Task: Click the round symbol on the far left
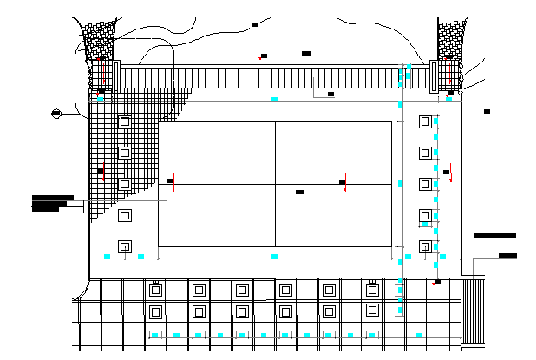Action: pyautogui.click(x=56, y=113)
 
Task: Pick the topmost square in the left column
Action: pyautogui.click(x=124, y=122)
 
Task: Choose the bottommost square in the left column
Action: pyautogui.click(x=124, y=246)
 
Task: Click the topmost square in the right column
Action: pyautogui.click(x=425, y=122)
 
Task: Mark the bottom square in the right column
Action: pyautogui.click(x=425, y=246)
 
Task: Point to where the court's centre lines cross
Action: pyautogui.click(x=275, y=184)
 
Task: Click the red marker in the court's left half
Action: pyautogui.click(x=174, y=182)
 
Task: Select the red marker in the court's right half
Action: pyautogui.click(x=346, y=182)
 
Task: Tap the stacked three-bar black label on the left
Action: pyautogui.click(x=52, y=203)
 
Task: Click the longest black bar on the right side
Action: pyautogui.click(x=495, y=236)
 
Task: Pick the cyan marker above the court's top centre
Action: pyautogui.click(x=274, y=100)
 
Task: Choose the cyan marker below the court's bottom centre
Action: pyautogui.click(x=274, y=257)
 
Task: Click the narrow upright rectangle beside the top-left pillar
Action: pyautogui.click(x=114, y=76)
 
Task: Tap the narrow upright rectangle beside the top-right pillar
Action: pyautogui.click(x=433, y=76)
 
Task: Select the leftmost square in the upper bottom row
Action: pyautogui.click(x=155, y=289)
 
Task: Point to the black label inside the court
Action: pyautogui.click(x=300, y=192)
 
